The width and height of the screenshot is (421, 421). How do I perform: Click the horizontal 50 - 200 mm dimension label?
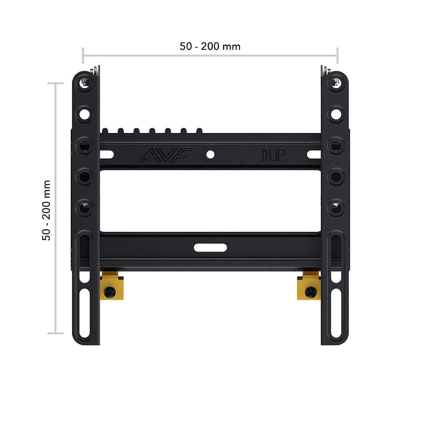210,46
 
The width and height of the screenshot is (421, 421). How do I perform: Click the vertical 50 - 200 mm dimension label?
46,210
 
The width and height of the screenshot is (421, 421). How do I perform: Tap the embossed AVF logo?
166,155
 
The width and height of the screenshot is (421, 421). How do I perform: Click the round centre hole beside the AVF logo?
210,155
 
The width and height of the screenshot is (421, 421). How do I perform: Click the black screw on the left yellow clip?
110,292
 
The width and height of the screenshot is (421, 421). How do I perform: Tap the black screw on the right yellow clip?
310,292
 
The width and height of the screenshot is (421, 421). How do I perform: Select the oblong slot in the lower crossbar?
210,248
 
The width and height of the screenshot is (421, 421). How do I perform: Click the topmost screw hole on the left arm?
85,82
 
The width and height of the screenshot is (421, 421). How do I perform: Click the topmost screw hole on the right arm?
336,82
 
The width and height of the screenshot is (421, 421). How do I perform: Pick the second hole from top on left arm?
85,114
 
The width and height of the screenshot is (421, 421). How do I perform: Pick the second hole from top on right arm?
336,114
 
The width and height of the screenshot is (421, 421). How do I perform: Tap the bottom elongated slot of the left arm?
85,314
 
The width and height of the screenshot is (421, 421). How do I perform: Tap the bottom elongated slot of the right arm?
336,314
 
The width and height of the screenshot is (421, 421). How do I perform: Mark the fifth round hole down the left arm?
85,208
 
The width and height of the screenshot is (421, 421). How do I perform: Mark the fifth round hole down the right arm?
336,208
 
